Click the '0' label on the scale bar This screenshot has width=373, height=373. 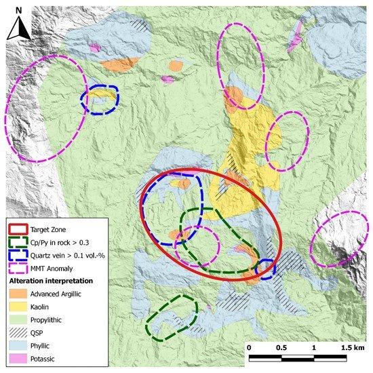(250, 347)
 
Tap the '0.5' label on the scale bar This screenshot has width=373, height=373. (281, 347)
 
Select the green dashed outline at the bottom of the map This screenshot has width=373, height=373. (171, 317)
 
